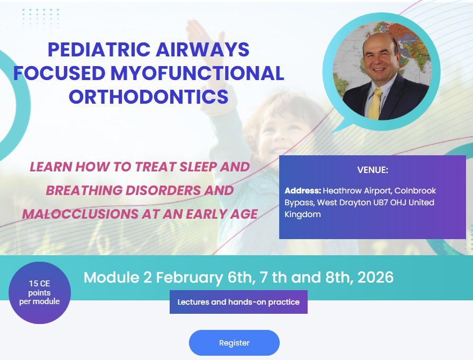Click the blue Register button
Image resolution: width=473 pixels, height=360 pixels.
click(234, 343)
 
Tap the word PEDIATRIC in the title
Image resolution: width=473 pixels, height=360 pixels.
click(99, 49)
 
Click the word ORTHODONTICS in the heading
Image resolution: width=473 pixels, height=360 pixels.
click(148, 97)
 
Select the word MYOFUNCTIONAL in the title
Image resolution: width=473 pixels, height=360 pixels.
click(197, 73)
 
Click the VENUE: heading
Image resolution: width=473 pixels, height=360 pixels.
click(373, 170)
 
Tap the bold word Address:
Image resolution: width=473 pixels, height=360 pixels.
click(303, 191)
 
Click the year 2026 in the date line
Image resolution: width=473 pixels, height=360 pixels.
click(376, 277)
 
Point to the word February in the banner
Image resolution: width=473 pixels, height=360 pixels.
click(189, 278)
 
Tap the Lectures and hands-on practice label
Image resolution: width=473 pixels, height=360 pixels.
click(238, 302)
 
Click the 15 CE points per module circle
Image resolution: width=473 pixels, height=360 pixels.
click(40, 293)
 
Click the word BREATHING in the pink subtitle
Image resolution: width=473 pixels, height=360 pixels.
click(84, 191)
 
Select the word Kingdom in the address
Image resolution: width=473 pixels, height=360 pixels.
click(303, 215)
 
